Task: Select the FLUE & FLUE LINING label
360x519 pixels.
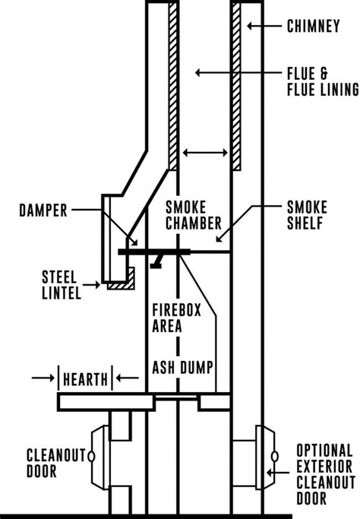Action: click(x=321, y=81)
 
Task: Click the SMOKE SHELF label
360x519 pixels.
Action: click(x=310, y=215)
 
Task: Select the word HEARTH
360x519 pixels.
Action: click(x=86, y=376)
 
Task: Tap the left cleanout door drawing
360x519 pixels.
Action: click(x=99, y=456)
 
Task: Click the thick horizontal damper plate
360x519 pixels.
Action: click(x=155, y=251)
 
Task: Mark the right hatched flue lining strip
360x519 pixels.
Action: click(x=237, y=84)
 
